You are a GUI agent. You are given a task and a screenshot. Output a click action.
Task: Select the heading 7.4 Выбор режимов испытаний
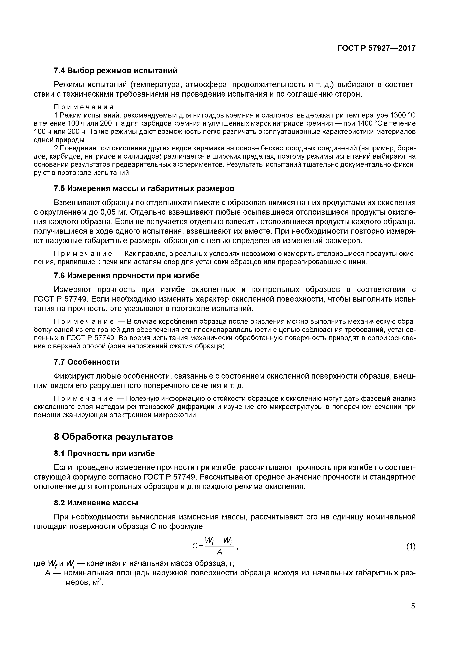pos(116,71)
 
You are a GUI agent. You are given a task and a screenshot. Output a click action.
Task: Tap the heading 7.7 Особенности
pos(86,362)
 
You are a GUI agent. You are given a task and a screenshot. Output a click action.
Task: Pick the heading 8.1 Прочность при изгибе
pos(104,453)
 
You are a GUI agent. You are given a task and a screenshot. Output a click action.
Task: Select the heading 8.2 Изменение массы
pos(96,503)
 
